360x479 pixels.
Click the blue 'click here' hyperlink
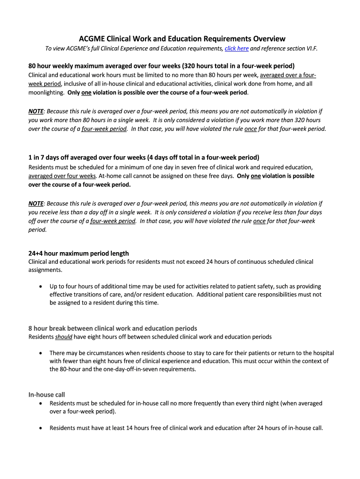[237, 49]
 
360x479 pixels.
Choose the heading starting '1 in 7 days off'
[144, 158]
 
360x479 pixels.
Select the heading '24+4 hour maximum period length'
[79, 254]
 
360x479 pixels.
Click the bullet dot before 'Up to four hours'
[43, 286]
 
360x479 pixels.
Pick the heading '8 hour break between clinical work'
[113, 328]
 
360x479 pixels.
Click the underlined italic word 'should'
[63, 337]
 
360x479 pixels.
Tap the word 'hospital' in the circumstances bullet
[323, 353]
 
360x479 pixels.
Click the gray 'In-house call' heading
[47, 395]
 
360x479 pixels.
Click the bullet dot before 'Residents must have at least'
[43, 428]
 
